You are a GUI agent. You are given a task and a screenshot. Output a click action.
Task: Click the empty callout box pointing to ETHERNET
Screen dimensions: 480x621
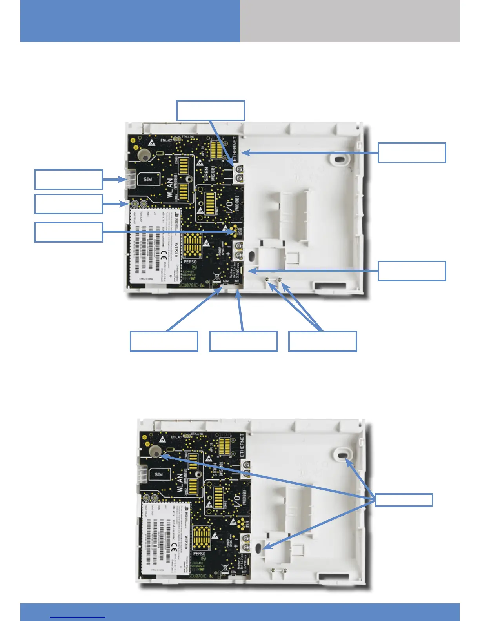pos(412,153)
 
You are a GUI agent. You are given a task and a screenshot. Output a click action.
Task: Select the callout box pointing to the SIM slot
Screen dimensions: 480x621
pos(69,179)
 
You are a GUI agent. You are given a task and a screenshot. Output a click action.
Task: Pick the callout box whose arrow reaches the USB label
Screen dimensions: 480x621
pos(69,232)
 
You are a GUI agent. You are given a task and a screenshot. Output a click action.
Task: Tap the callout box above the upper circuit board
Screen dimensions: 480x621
pos(211,110)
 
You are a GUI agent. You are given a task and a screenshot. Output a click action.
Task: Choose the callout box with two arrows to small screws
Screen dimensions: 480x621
pos(322,341)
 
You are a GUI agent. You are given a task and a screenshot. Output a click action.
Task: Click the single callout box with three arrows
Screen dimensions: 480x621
pos(404,500)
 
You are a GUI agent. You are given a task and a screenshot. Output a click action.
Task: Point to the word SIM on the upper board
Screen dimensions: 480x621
pos(148,180)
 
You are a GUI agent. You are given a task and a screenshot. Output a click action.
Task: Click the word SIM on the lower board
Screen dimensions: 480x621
pos(158,474)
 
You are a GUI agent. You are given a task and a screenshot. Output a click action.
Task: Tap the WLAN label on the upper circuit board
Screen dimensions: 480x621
pos(170,188)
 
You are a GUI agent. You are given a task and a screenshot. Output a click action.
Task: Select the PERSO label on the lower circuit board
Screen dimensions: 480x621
pos(199,554)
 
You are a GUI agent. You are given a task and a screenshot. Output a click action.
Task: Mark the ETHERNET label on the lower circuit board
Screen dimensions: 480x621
pos(242,446)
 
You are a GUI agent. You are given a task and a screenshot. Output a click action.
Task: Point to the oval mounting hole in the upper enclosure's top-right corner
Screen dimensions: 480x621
pos(338,159)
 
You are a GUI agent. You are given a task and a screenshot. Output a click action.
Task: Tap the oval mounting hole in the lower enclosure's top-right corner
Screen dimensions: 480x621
pos(342,454)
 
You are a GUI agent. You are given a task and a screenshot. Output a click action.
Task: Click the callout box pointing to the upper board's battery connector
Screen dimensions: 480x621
pos(412,271)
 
